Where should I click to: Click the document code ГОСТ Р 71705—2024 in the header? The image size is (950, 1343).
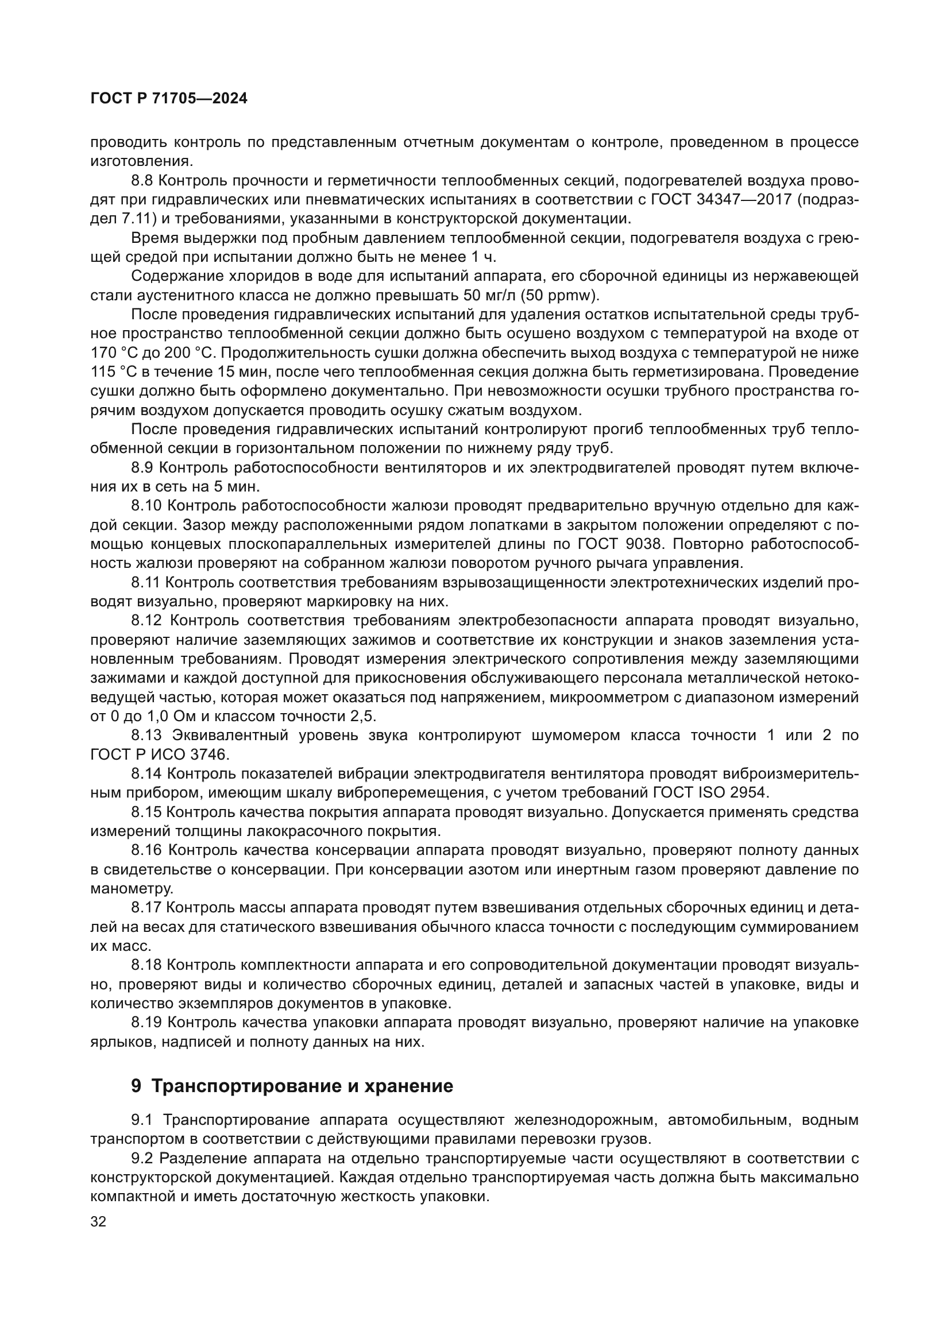169,99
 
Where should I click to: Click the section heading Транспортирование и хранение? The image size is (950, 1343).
302,1086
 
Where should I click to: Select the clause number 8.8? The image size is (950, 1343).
141,181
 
